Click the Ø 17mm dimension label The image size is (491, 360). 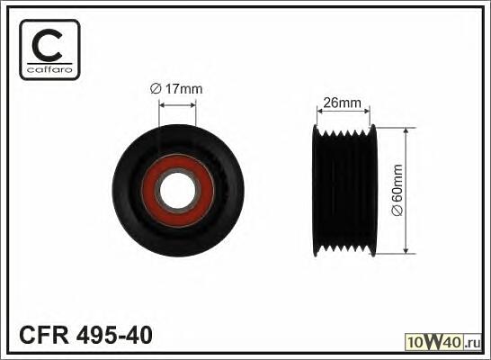pos(176,89)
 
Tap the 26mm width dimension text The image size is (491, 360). pos(342,103)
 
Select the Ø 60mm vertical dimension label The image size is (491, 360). pos(397,190)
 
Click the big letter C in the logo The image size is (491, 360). pos(48,45)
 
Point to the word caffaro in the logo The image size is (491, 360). pos(49,69)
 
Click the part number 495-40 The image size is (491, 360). pos(114,335)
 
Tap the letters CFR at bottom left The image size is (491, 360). pos(44,335)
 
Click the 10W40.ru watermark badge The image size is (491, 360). pos(443,342)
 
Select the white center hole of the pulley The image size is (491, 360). pos(177,191)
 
